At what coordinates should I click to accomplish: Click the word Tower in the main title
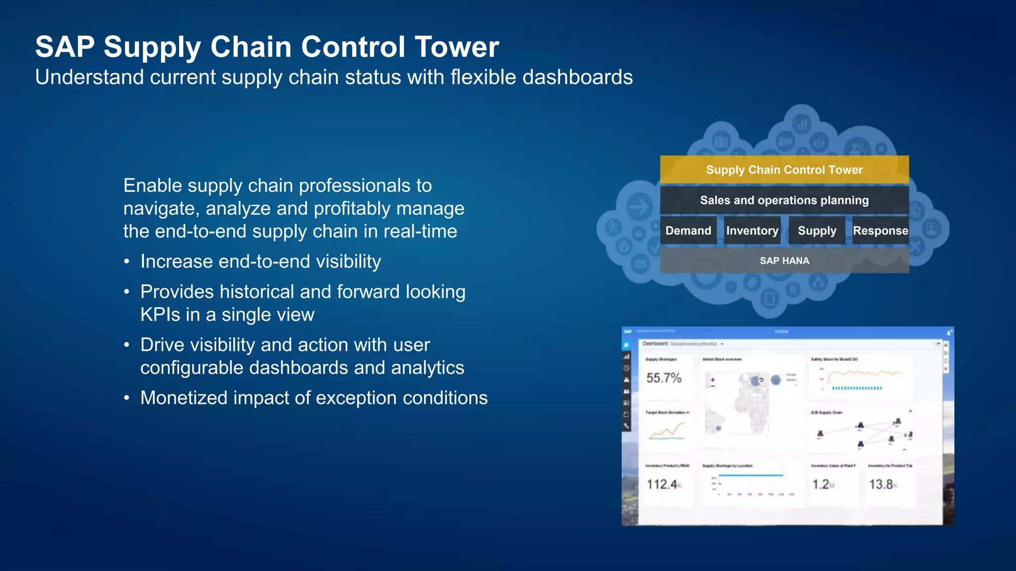click(x=456, y=47)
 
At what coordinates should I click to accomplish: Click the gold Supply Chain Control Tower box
click(x=784, y=170)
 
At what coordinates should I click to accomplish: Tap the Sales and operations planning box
click(x=784, y=200)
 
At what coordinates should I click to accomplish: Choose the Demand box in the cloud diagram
click(x=688, y=230)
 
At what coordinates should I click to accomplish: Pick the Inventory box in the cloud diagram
click(x=752, y=230)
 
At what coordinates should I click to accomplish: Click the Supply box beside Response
click(x=817, y=230)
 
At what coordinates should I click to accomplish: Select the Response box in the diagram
click(x=880, y=230)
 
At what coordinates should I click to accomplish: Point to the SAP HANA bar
click(x=784, y=261)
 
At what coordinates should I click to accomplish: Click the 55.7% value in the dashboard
click(x=664, y=378)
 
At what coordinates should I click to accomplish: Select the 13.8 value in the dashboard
click(x=882, y=484)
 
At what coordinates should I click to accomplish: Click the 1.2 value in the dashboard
click(x=822, y=484)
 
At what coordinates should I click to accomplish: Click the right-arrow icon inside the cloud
click(x=639, y=207)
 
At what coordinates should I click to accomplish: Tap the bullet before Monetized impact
click(x=127, y=398)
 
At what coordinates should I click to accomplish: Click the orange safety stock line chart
click(x=862, y=375)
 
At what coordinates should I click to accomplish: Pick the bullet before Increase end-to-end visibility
click(x=127, y=262)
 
